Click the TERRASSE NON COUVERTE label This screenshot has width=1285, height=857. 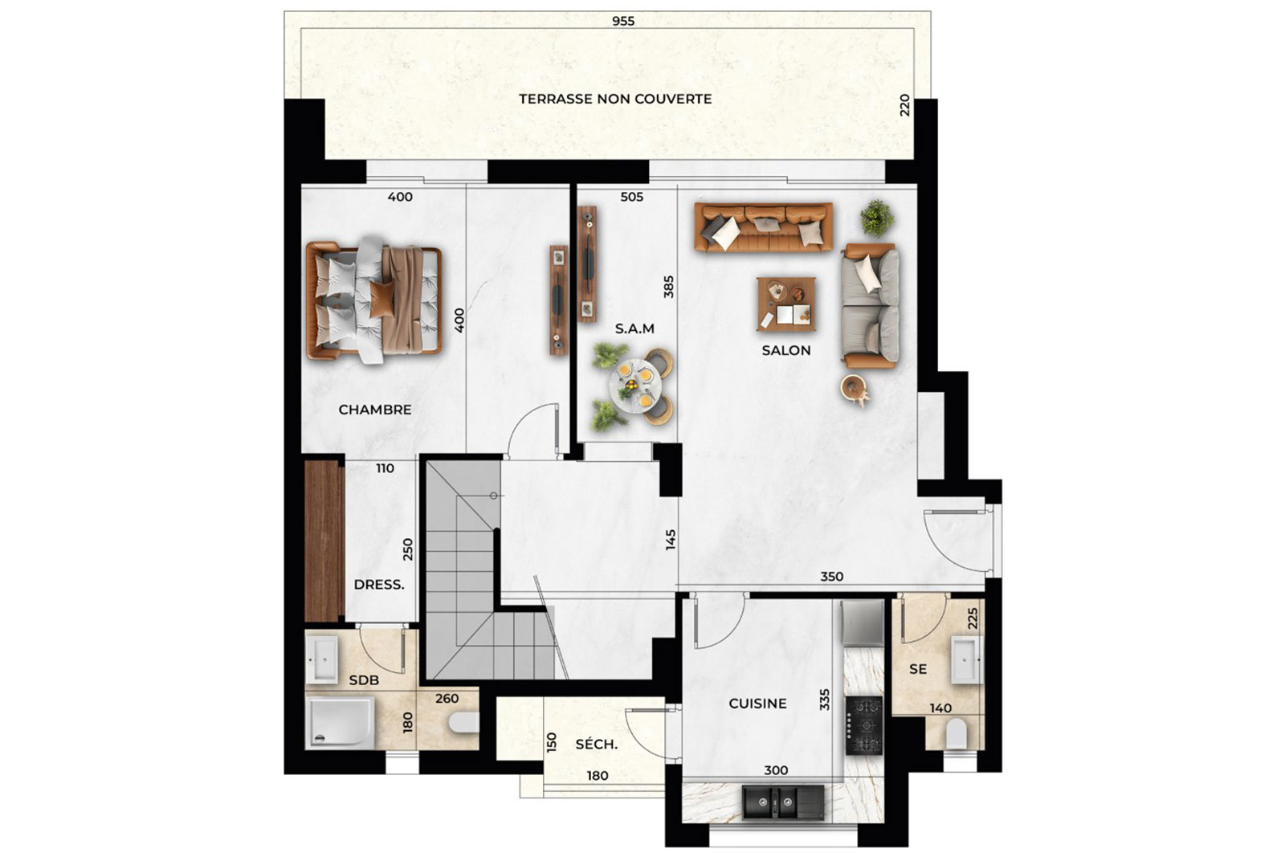coord(615,99)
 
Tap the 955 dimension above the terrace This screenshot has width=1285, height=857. coord(623,21)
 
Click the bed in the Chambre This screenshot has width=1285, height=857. coord(374,300)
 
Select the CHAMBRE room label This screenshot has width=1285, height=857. coord(375,410)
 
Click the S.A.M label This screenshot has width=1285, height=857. coord(634,329)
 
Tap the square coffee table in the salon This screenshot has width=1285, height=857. coord(786,304)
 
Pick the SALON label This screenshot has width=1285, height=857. coord(786,350)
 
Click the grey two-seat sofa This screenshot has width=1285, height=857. coord(870,306)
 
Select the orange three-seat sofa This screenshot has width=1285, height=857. coord(764,226)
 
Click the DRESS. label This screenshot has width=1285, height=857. coord(379,585)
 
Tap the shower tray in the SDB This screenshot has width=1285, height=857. coord(341,722)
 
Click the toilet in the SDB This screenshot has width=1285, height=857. coord(463,723)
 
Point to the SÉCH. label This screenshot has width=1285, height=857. coord(597,745)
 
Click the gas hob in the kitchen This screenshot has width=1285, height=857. coord(864,725)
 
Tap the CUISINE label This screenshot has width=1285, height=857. coord(758,704)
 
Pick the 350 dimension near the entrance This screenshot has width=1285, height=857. coord(832,577)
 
